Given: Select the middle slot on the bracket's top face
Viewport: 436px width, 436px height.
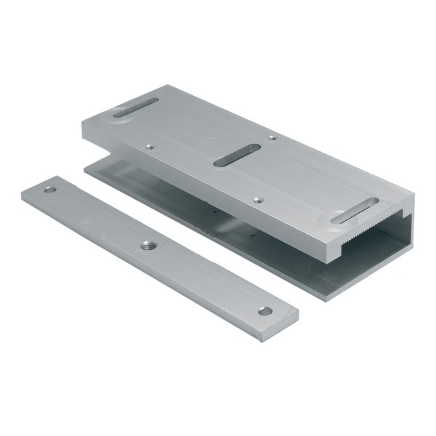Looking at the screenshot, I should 235,154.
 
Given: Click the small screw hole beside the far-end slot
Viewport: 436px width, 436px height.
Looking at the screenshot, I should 149,145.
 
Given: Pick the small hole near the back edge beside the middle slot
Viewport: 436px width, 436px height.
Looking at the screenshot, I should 272,136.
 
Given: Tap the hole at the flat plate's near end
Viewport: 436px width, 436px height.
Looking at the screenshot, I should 265,311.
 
